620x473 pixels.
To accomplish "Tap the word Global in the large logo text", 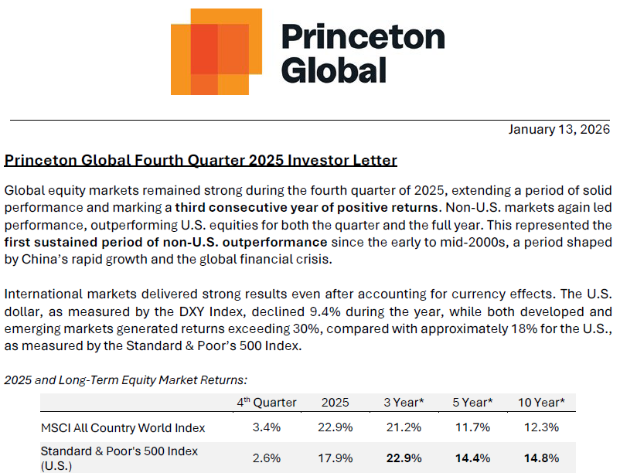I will point(333,70).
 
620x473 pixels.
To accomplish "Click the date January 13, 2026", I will point(559,130).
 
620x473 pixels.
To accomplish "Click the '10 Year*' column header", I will point(541,403).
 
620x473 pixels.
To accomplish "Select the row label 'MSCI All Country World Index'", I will point(123,427).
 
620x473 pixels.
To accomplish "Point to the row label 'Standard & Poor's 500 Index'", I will point(119,451).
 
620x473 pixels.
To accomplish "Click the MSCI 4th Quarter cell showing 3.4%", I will point(267,427).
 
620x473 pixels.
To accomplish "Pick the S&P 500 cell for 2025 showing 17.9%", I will point(336,458).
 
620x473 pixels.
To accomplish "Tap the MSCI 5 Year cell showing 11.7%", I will point(472,427).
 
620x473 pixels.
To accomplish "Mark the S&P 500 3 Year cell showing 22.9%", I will point(404,458).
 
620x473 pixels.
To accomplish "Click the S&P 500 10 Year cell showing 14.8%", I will point(541,458).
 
